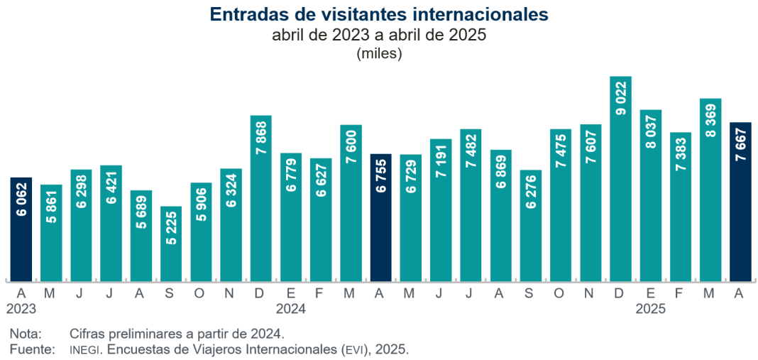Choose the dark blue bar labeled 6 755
click(x=381, y=217)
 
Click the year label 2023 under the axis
click(x=21, y=309)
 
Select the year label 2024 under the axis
click(x=291, y=309)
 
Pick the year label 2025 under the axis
click(x=651, y=309)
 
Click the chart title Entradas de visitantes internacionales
click(x=379, y=14)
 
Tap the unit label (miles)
click(x=379, y=53)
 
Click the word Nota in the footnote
click(x=26, y=333)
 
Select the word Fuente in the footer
click(x=32, y=349)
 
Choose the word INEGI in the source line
click(x=86, y=350)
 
